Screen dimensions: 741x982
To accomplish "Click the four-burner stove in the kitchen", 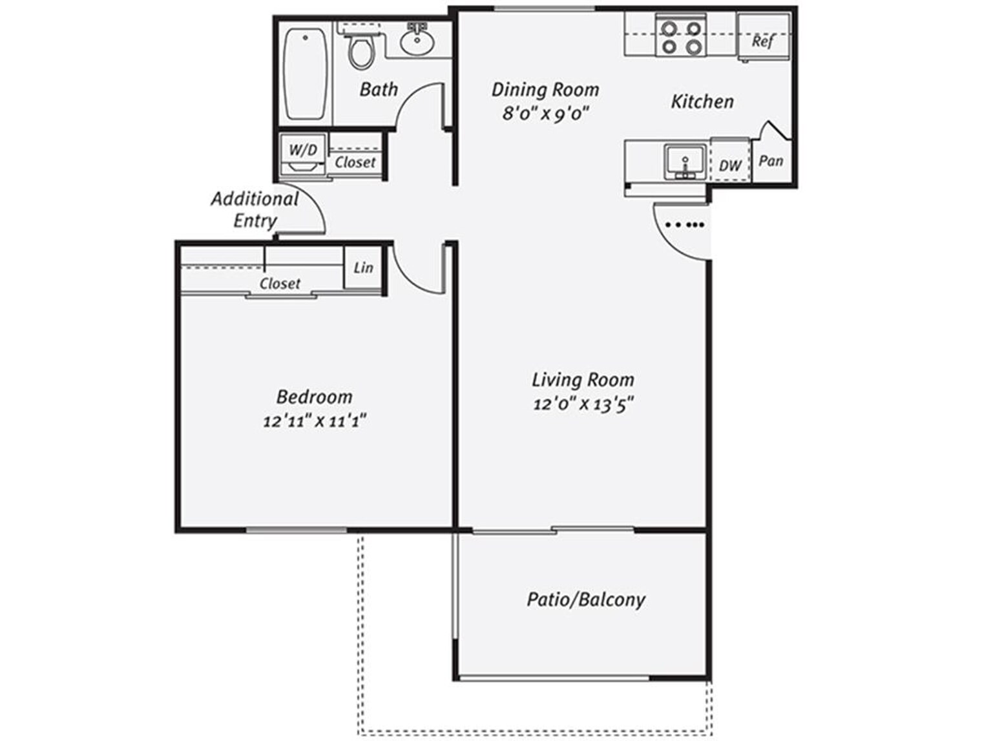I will click(681, 37).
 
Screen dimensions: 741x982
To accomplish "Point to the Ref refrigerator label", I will click(762, 41).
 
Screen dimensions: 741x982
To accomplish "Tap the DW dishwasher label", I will click(730, 165).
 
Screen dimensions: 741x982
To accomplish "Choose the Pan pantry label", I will click(771, 160).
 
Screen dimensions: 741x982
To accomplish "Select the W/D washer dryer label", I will click(303, 150).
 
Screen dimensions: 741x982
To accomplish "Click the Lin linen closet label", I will click(363, 267).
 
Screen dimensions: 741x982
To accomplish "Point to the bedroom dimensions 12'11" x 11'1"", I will click(315, 421).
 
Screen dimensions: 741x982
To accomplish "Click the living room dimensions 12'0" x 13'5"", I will click(583, 404).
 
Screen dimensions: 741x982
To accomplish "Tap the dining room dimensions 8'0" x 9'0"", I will click(546, 114).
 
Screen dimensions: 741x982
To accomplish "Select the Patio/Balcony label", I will click(586, 600).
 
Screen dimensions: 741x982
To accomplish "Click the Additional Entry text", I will click(255, 209).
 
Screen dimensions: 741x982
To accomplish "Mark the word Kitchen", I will click(702, 101).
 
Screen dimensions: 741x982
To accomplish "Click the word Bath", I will click(379, 89).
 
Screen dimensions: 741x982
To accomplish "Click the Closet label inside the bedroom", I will click(280, 284).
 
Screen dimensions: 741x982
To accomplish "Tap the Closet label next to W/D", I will click(355, 162).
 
